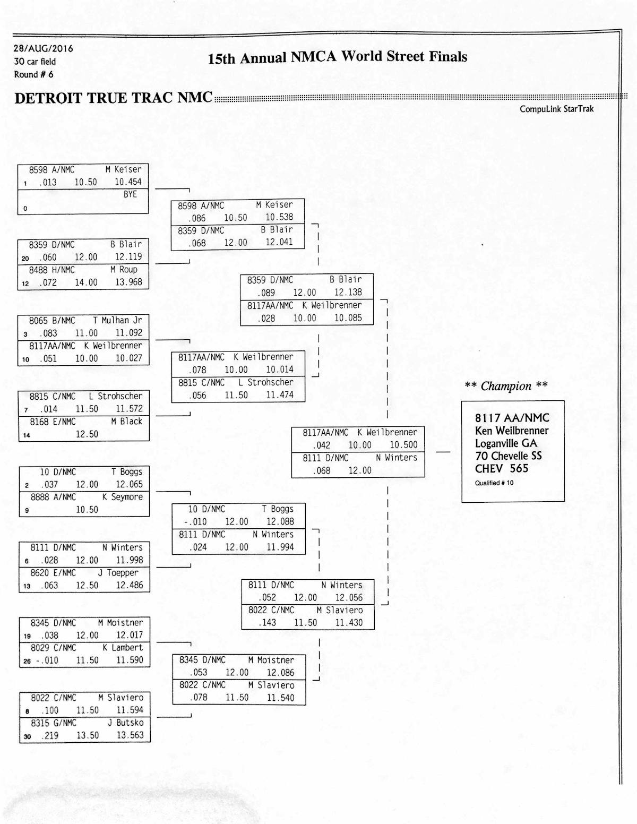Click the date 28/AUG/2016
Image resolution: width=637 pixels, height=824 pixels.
pos(44,48)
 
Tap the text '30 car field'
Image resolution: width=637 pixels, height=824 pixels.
pos(35,62)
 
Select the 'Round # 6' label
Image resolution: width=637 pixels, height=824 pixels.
pos(33,74)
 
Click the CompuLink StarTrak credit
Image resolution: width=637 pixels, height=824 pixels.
pos(556,109)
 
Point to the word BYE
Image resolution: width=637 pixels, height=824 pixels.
pos(130,194)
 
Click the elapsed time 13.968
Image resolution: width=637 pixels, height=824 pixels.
pos(128,282)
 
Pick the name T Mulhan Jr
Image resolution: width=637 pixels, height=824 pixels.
pos(117,320)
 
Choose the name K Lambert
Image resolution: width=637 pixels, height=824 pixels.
pos(123,648)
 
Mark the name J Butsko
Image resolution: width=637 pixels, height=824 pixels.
pos(125,723)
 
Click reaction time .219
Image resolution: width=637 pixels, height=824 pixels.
pos(50,736)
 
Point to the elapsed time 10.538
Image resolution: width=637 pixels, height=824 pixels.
pos(279,217)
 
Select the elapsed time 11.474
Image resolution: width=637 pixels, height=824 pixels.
pos(279,395)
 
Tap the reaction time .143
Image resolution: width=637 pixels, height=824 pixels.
pos(267,623)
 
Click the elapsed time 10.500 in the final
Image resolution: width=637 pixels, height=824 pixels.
pos(403,445)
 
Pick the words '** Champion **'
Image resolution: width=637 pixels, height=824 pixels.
pos(506,386)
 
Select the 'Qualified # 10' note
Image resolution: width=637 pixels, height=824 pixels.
pos(494,483)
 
